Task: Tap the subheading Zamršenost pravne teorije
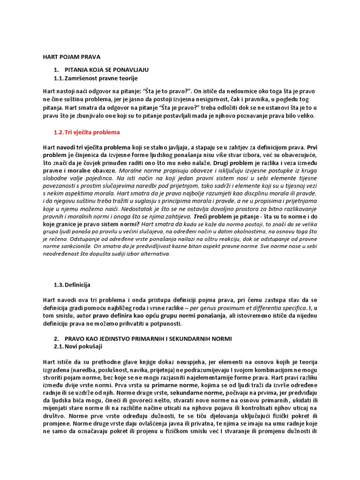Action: pos(101,78)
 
